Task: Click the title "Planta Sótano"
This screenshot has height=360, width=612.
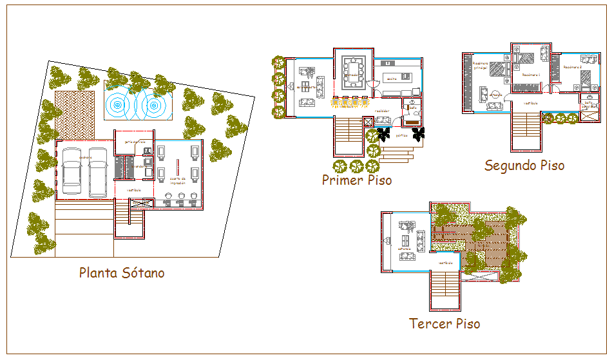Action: (x=122, y=273)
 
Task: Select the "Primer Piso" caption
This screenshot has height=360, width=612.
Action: (x=357, y=180)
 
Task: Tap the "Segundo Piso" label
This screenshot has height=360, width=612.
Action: (x=524, y=166)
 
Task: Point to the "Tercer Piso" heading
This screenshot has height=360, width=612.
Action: (x=445, y=323)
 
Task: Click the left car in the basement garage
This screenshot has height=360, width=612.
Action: (x=72, y=173)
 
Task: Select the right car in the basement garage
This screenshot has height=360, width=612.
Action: (x=98, y=173)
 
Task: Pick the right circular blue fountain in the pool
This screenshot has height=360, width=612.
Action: (x=153, y=103)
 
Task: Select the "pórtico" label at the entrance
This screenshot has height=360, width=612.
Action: (x=401, y=136)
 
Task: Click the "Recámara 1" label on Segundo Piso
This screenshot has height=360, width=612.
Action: (x=530, y=75)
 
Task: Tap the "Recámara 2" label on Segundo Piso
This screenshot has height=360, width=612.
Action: (x=572, y=67)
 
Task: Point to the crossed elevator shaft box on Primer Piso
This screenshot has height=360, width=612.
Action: (x=367, y=122)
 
